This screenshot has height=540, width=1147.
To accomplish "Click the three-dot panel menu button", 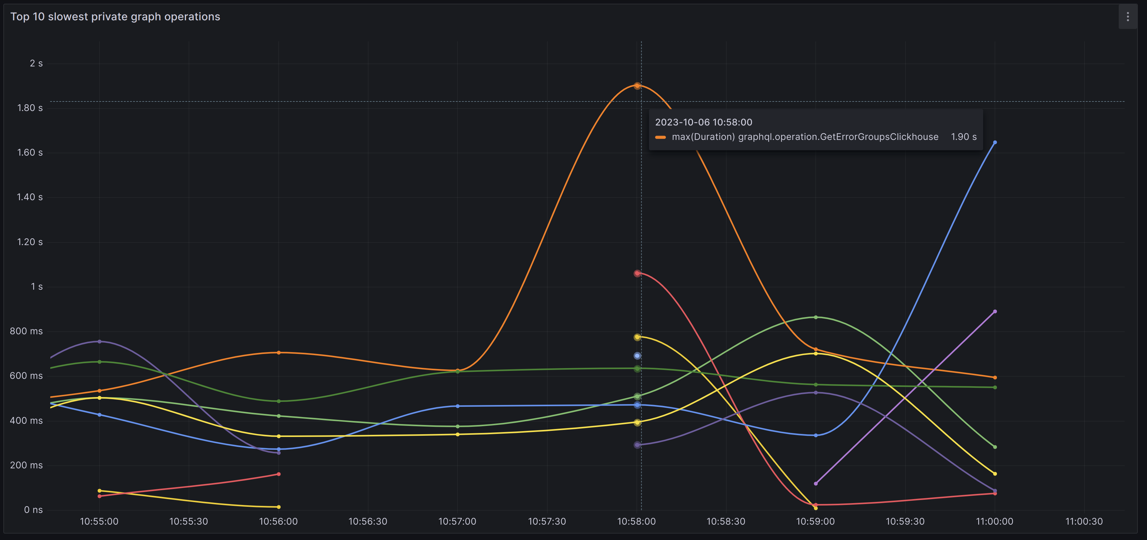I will (x=1127, y=17).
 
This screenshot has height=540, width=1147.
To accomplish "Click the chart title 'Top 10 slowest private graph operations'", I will (x=115, y=17).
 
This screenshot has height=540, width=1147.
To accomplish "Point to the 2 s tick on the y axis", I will (x=36, y=64).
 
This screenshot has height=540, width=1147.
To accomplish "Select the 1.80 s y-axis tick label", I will (x=30, y=108).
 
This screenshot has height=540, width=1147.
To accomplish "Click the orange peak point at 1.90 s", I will (x=637, y=85).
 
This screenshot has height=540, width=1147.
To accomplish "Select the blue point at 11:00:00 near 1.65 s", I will (x=995, y=143).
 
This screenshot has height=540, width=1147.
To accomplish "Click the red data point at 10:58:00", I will (x=637, y=273).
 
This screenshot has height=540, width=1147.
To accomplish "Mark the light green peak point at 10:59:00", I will (x=816, y=317).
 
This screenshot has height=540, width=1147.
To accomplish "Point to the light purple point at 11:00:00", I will (x=995, y=312).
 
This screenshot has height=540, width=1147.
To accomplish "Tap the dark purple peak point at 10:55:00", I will (x=99, y=342).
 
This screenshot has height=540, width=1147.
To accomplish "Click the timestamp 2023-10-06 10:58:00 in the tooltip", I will (x=703, y=122).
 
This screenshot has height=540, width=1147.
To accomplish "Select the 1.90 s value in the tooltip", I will (x=963, y=137).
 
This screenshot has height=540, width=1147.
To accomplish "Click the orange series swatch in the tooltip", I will (x=660, y=137).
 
